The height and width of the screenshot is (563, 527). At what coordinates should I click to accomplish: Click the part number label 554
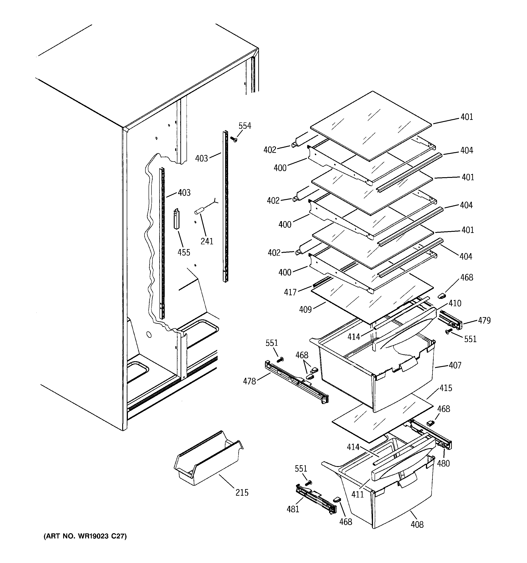click(245, 126)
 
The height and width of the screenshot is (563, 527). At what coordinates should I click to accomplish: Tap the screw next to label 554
click(234, 139)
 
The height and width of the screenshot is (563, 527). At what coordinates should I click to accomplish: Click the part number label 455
click(184, 252)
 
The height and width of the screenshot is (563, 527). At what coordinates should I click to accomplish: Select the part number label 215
click(242, 493)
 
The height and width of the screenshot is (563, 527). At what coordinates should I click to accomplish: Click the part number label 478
click(249, 381)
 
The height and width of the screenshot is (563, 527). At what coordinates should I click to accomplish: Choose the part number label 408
click(417, 525)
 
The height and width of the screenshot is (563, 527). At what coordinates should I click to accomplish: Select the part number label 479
click(484, 321)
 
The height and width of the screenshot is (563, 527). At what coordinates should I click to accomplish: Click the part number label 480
click(443, 464)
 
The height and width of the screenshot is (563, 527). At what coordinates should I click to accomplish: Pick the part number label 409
click(305, 310)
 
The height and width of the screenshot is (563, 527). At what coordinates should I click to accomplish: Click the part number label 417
click(290, 292)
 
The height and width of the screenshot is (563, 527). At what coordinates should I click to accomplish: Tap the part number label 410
click(455, 303)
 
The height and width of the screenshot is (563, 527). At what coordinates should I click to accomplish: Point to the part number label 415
click(446, 388)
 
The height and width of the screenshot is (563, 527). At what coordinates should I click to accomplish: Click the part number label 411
click(357, 495)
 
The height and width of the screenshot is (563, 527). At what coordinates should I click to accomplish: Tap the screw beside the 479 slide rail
click(448, 332)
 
